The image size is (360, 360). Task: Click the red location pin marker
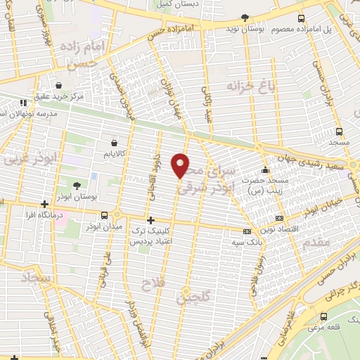[181, 165]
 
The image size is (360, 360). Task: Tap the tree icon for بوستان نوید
[245, 18]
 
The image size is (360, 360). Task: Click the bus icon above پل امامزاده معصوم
[302, 19]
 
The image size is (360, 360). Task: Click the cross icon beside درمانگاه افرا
[46, 205]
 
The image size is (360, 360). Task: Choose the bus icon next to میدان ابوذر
[105, 215]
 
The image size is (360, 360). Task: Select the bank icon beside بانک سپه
[246, 231]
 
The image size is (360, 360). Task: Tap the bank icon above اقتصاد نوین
[280, 219]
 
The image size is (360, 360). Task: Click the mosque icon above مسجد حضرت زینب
[265, 169]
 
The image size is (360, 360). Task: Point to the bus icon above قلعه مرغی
[324, 316]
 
